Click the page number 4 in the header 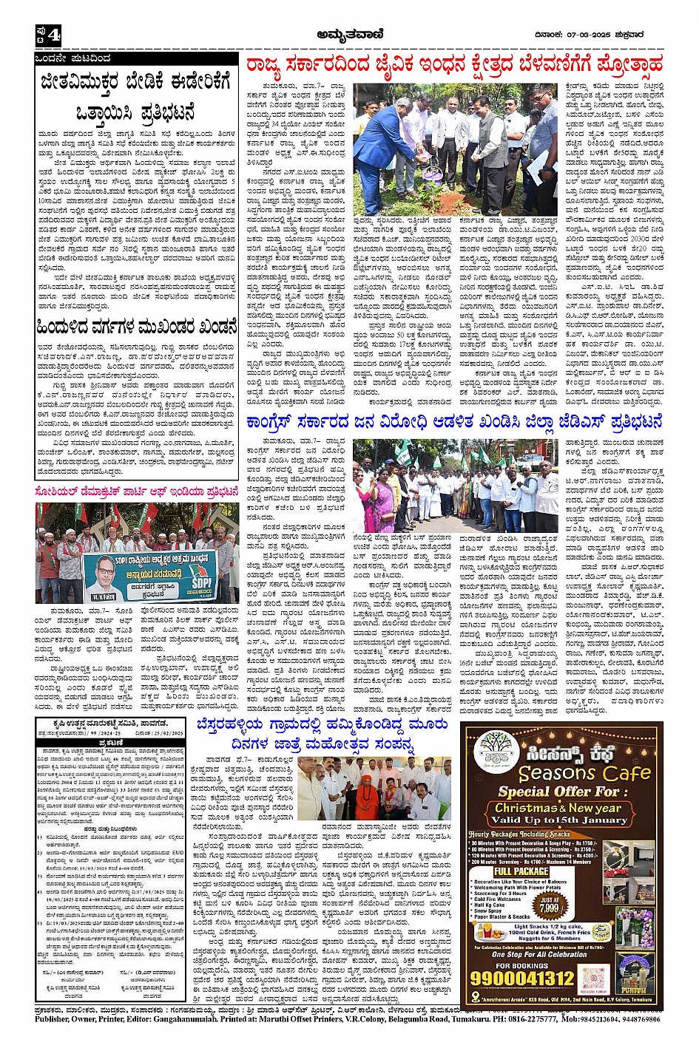(53, 35)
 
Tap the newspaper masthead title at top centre (348, 33)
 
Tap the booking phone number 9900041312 (522, 978)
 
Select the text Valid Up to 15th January (558, 820)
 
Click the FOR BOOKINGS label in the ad (522, 965)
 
